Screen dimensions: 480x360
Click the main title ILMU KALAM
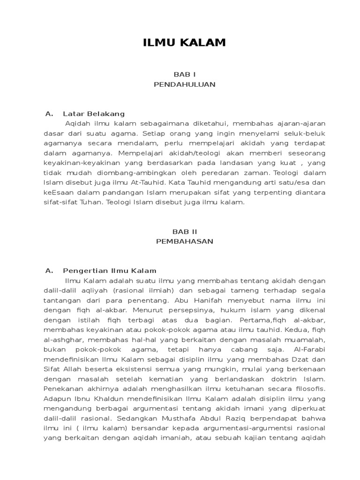coord(184,43)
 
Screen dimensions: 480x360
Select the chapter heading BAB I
coord(184,75)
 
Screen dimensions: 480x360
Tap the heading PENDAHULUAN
coord(184,84)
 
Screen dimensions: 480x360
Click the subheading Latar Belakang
coord(94,113)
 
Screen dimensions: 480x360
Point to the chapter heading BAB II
coord(184,232)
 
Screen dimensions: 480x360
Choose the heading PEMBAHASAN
coord(184,241)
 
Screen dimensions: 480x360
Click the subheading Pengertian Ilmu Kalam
coord(110,270)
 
